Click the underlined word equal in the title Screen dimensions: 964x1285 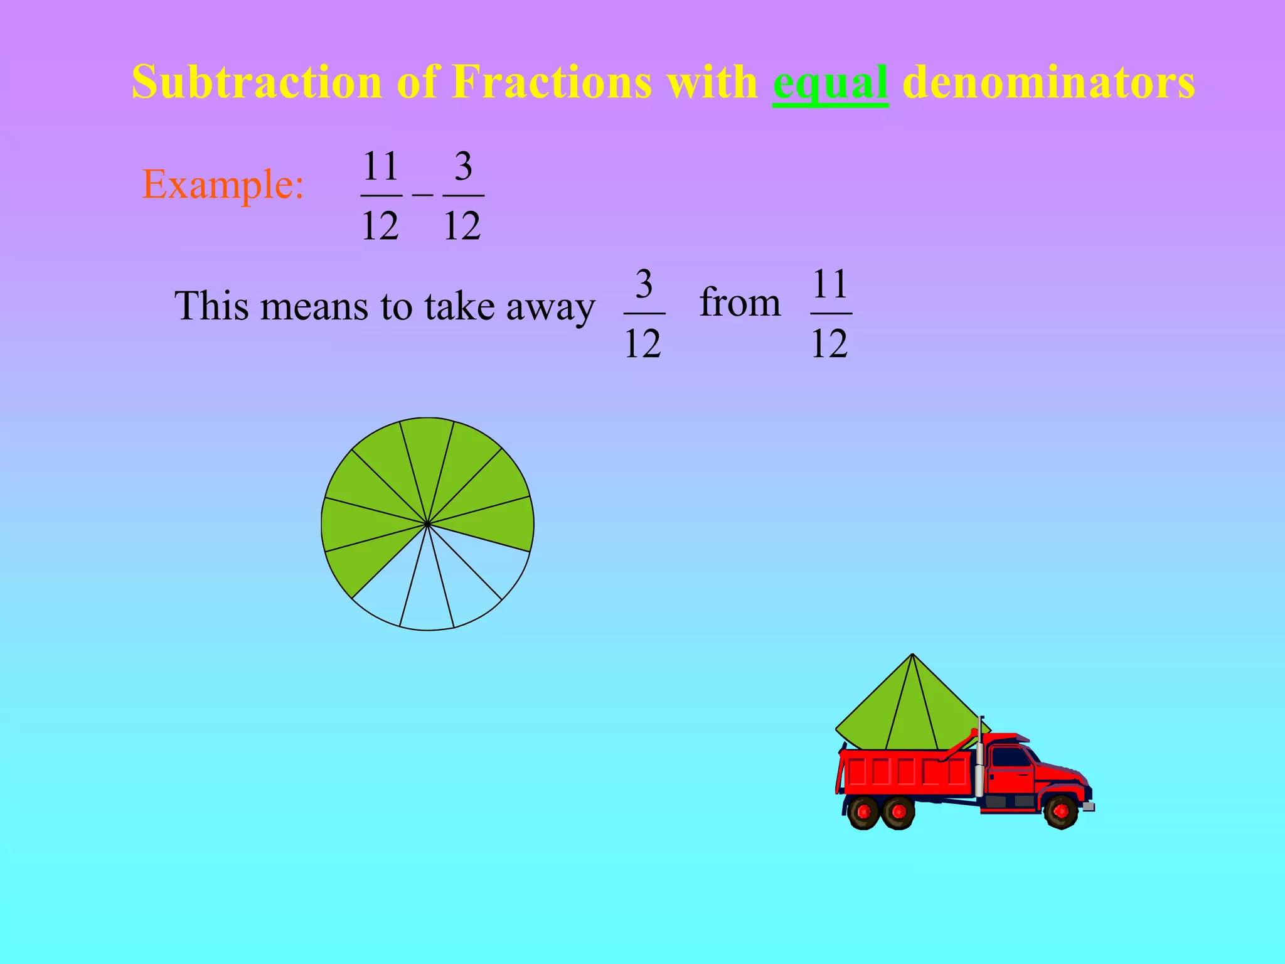tap(830, 83)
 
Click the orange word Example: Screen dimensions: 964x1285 tap(223, 185)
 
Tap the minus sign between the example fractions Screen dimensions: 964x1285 tap(422, 195)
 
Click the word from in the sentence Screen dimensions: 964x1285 tap(740, 303)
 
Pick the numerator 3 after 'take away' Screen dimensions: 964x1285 tap(644, 284)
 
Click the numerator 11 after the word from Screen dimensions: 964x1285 tap(830, 284)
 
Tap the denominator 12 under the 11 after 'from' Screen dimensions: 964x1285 tap(829, 343)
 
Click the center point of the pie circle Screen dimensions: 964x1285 tap(427, 523)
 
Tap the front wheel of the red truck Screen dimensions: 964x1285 tap(1061, 811)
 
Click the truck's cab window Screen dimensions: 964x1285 tap(1010, 758)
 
